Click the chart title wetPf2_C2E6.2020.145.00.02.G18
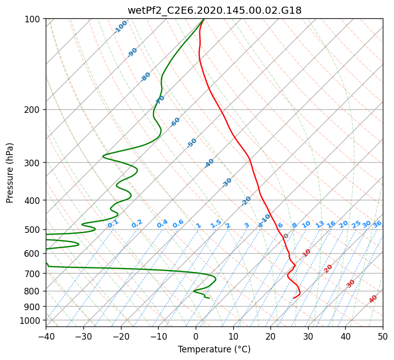click(214, 10)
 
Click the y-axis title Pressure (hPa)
click(10, 173)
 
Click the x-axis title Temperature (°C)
click(214, 349)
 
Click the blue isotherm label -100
click(121, 27)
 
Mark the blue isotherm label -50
click(192, 143)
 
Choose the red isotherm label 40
click(373, 299)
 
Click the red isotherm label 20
click(328, 268)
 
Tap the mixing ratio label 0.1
click(113, 223)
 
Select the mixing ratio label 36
click(377, 224)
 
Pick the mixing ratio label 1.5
click(216, 223)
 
